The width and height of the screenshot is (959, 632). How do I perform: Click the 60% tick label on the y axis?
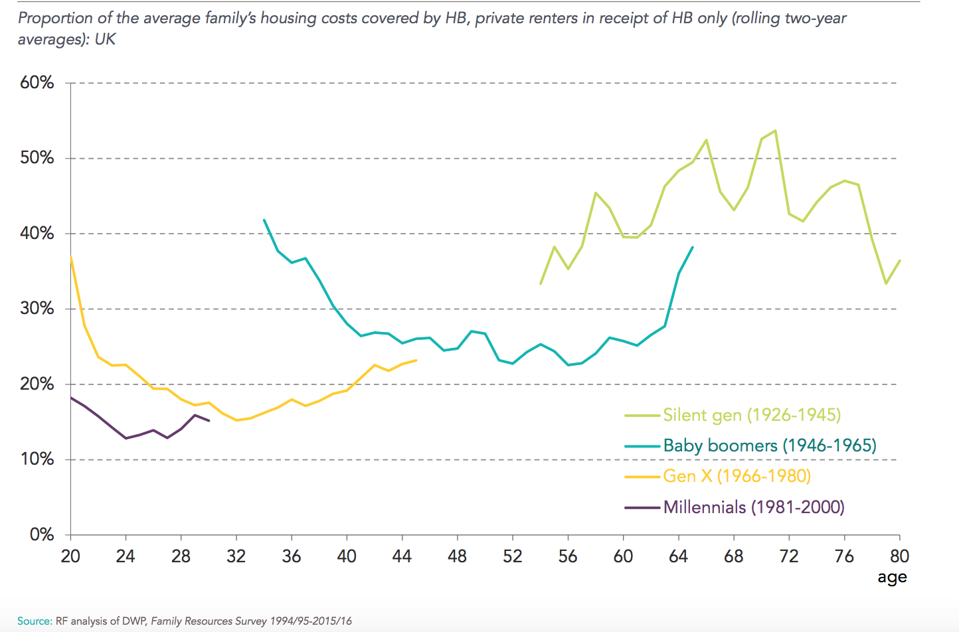tap(37, 83)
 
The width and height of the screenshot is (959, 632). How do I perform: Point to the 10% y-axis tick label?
tap(37, 459)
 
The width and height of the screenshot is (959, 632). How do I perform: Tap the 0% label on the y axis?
tap(42, 534)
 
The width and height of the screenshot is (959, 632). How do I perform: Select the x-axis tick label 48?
tap(457, 556)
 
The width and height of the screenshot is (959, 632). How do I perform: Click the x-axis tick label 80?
tap(899, 556)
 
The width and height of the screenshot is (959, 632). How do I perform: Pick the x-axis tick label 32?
tap(236, 556)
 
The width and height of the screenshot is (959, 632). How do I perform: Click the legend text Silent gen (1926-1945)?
tap(752, 416)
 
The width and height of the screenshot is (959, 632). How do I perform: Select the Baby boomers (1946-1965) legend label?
tap(770, 445)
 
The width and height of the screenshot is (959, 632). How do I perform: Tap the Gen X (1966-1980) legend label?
tap(737, 476)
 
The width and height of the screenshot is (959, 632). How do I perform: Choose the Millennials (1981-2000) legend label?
tap(754, 507)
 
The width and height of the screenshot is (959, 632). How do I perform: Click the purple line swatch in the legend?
tap(642, 508)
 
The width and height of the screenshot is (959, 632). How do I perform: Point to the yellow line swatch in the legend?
tap(642, 477)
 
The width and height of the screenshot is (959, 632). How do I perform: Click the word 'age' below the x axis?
tap(892, 578)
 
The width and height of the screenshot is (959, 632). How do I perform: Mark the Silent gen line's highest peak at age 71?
tap(775, 131)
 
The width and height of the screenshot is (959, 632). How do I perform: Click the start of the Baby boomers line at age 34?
tap(264, 220)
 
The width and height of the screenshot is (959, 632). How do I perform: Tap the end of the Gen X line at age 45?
tap(416, 360)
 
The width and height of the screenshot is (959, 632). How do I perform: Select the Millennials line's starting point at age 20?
tap(71, 398)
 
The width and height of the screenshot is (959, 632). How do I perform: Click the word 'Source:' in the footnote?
tap(34, 621)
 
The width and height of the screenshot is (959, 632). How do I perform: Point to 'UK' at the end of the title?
tap(105, 39)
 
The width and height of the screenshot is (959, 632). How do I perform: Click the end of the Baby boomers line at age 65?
tap(693, 247)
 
